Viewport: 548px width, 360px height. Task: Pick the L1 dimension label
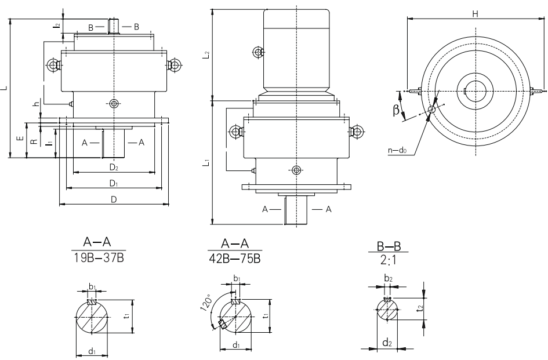(x=207, y=164)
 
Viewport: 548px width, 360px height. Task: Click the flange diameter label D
(x=114, y=199)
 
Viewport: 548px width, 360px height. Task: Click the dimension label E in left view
(x=20, y=139)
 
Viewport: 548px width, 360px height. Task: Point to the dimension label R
(x=34, y=140)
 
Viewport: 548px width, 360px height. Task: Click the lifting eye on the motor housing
(x=257, y=53)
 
